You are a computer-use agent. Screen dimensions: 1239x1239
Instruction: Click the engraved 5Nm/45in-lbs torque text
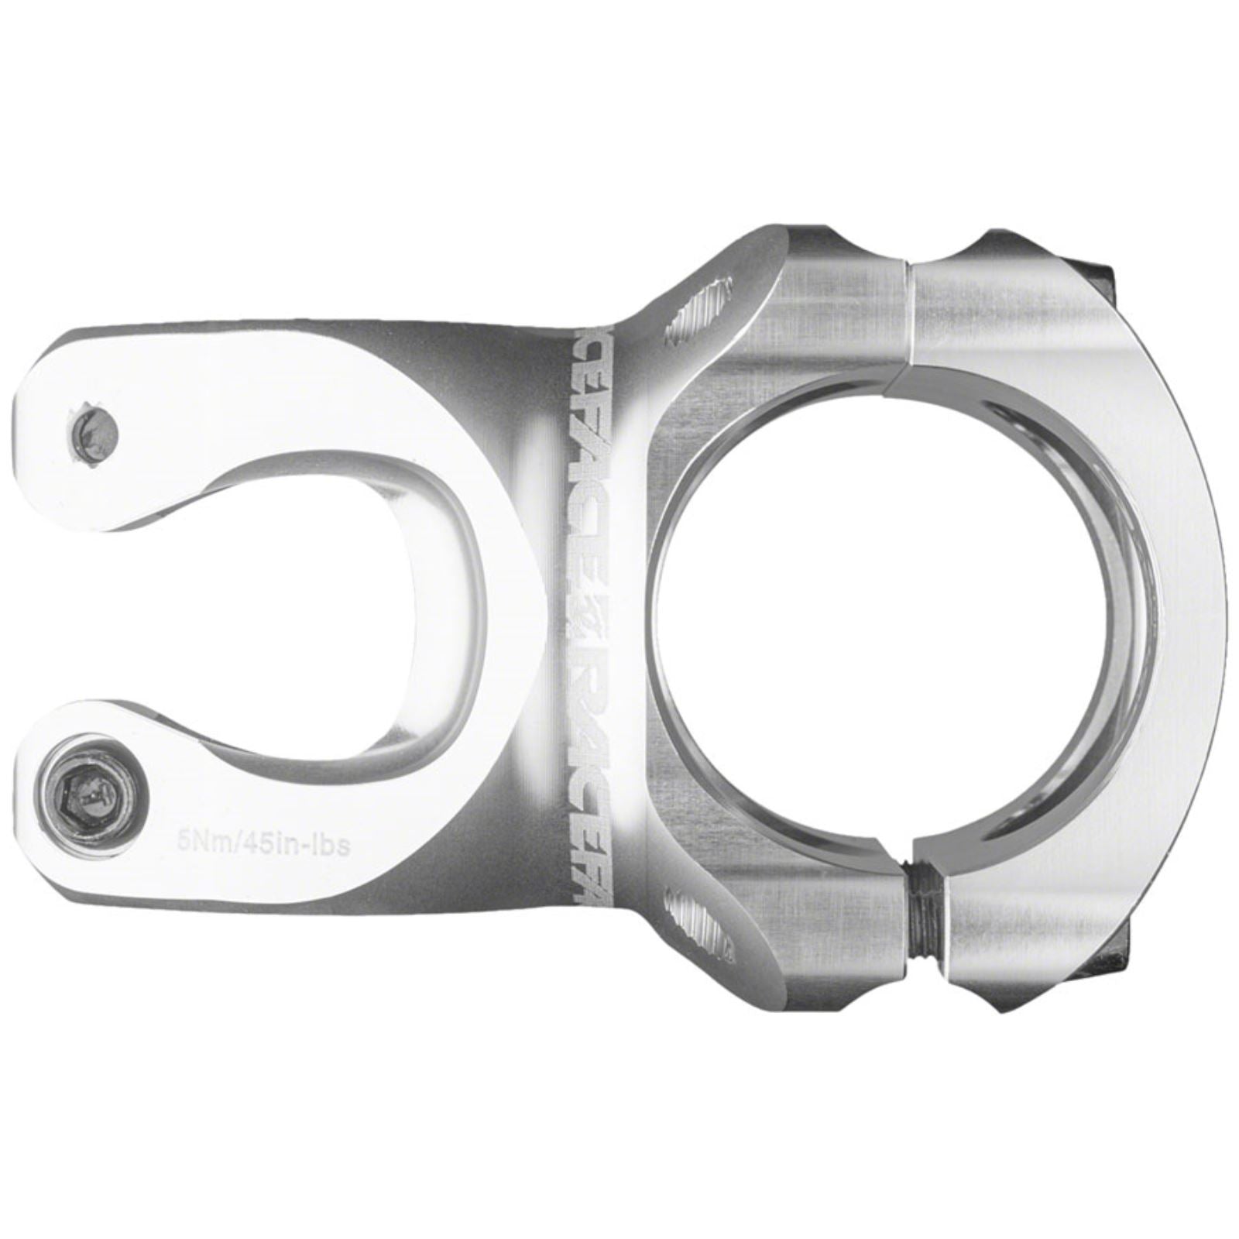(260, 843)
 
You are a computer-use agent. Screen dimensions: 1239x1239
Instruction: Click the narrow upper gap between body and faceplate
(911, 310)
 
